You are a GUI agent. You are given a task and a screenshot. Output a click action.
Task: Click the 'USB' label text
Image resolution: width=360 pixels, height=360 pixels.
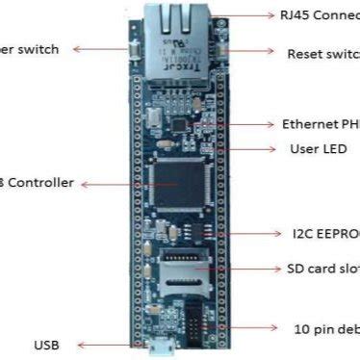[x=47, y=344]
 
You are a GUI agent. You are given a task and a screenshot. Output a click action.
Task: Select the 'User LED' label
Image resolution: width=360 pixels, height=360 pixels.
[x=318, y=149]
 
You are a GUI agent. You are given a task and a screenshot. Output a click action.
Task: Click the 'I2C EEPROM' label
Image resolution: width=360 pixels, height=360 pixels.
[x=326, y=233]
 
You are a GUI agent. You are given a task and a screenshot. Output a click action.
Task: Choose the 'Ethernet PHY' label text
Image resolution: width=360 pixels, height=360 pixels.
[x=321, y=124]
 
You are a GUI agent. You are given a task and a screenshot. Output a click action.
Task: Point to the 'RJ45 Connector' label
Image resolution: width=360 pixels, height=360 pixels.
[x=320, y=16]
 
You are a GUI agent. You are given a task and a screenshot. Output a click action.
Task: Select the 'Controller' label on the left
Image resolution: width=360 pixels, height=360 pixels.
[x=38, y=183]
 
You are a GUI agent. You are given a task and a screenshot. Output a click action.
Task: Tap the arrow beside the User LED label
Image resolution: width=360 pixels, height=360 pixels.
[x=253, y=149]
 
